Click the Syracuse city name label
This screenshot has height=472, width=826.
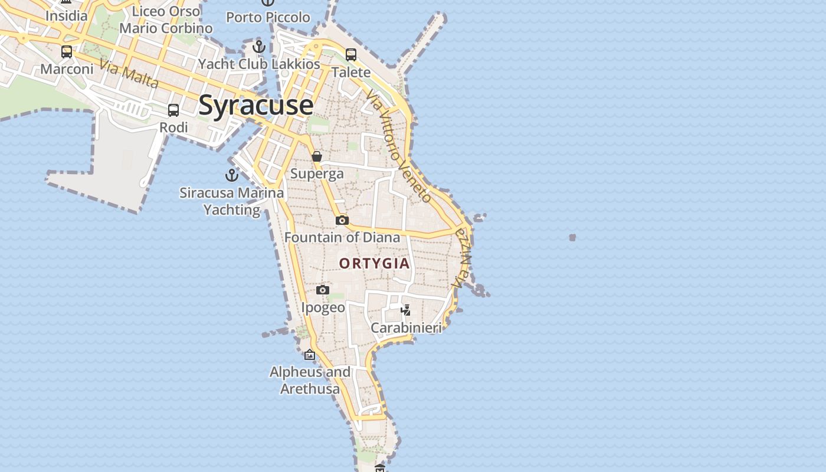(x=255, y=105)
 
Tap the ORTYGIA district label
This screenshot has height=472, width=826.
(x=375, y=263)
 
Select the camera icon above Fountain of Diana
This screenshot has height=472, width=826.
(x=342, y=221)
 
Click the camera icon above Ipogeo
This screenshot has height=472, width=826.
(x=322, y=290)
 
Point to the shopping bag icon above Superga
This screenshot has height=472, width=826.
(x=317, y=156)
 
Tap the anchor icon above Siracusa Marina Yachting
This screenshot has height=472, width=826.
(x=232, y=175)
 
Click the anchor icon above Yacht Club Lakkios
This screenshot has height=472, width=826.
(x=259, y=47)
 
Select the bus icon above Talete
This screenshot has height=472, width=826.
(x=351, y=55)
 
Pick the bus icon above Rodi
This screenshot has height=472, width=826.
(x=173, y=110)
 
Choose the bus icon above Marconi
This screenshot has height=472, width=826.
(x=67, y=52)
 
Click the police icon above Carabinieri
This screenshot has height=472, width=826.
(x=406, y=310)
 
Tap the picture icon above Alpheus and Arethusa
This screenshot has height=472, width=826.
(x=310, y=355)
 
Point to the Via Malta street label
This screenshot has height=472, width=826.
(x=129, y=74)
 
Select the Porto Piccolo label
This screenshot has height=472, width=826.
(x=268, y=17)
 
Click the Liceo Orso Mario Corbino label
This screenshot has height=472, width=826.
(x=166, y=19)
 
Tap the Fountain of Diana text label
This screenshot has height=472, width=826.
(x=342, y=237)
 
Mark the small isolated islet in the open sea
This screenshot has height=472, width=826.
(x=572, y=238)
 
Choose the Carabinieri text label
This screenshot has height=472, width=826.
(x=406, y=327)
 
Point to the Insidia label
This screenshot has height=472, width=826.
(x=66, y=15)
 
